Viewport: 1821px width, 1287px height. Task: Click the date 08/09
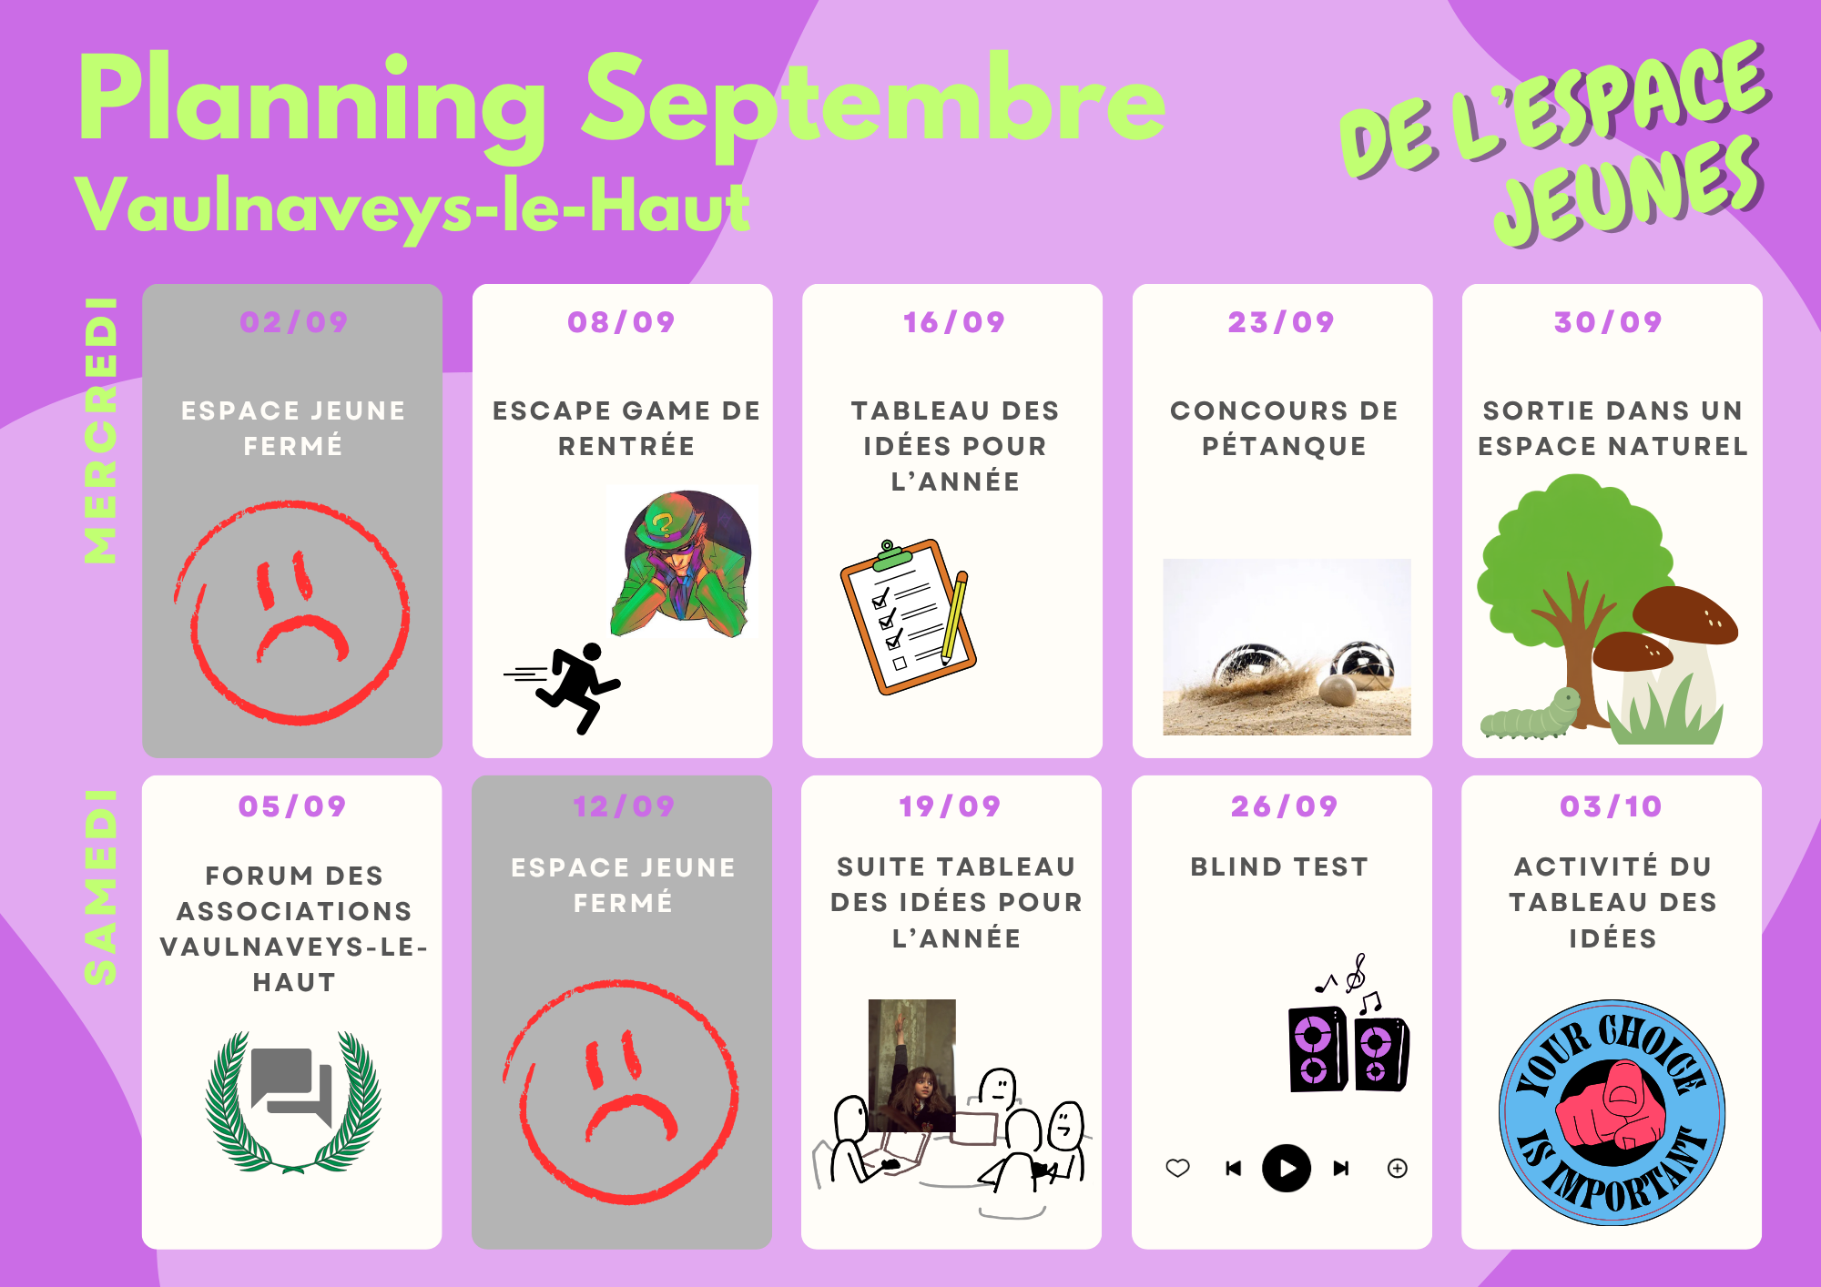tap(621, 322)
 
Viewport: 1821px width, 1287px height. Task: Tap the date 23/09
tap(1281, 322)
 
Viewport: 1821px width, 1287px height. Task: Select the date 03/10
tap(1611, 806)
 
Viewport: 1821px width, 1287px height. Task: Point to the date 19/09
tap(950, 806)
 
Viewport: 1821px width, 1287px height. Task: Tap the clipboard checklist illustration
tap(908, 616)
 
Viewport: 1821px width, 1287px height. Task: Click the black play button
tap(1286, 1168)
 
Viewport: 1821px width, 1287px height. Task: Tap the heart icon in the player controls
tap(1178, 1168)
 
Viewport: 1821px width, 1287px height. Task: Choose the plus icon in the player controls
tap(1398, 1168)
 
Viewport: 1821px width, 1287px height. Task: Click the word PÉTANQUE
tap(1284, 446)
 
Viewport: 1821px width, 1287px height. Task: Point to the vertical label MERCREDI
tap(100, 431)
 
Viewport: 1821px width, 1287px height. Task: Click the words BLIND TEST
tap(1279, 866)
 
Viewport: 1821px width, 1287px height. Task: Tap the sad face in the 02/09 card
tap(291, 612)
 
